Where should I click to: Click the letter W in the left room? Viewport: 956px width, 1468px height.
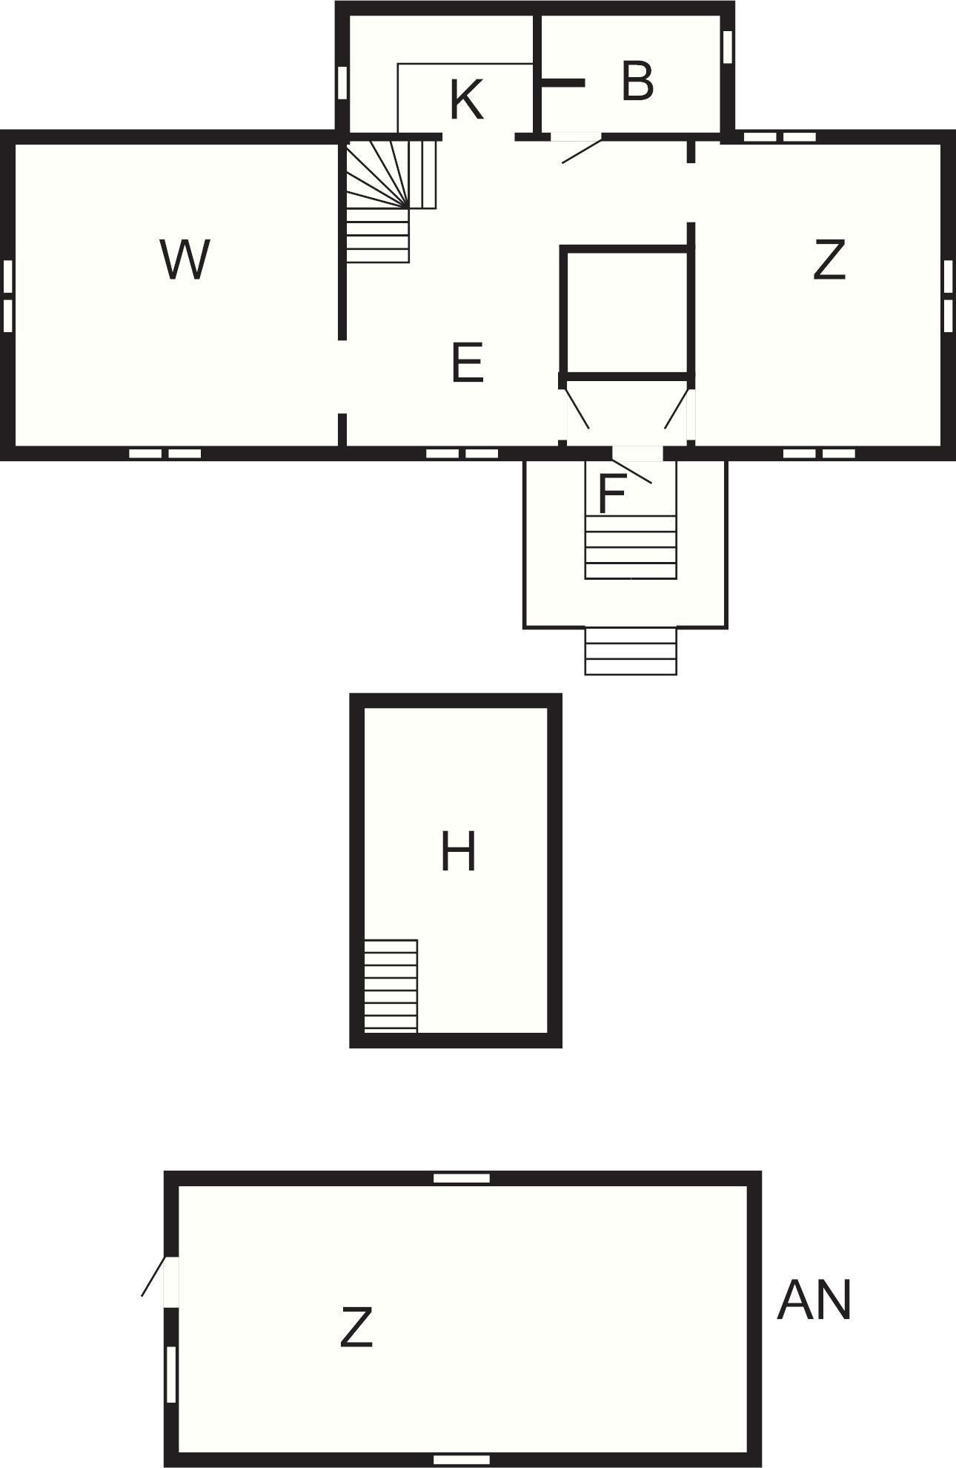tap(185, 259)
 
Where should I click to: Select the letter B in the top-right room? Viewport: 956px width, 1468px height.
tap(637, 81)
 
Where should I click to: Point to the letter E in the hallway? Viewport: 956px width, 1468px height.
tap(468, 363)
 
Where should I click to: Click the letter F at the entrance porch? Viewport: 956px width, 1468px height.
tap(611, 494)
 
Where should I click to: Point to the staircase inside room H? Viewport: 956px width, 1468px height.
tap(391, 985)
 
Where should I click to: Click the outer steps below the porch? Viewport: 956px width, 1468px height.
tap(631, 651)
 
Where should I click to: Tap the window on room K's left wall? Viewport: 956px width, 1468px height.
tap(342, 82)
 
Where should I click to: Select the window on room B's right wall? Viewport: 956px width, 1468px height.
tap(728, 46)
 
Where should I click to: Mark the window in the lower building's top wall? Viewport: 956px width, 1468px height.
tap(462, 1178)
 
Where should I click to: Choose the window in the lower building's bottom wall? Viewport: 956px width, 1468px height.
tap(462, 1460)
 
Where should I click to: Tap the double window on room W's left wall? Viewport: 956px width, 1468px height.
tap(8, 296)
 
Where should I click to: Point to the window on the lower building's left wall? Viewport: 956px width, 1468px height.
tap(171, 1374)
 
